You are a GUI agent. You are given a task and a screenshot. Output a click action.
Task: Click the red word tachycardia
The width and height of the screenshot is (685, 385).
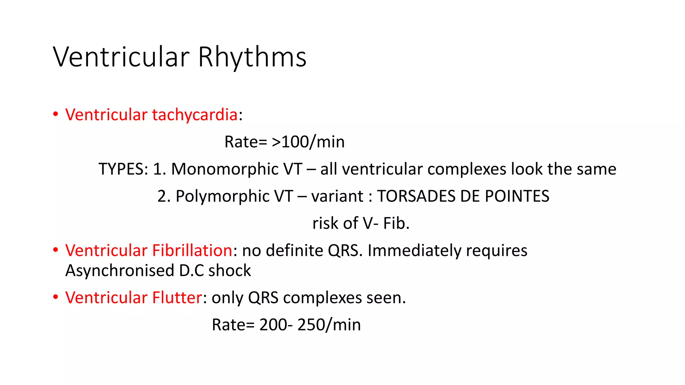pos(195,115)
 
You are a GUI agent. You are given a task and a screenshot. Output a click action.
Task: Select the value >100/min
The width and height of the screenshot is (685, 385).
pos(308,142)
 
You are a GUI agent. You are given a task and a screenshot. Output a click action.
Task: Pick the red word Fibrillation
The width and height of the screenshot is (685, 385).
pos(192,251)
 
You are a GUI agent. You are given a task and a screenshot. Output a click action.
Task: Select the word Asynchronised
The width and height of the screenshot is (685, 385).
pos(120,271)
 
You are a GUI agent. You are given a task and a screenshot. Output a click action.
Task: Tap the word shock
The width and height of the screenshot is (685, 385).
pos(229,271)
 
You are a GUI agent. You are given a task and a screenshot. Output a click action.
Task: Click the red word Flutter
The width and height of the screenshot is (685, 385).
pos(177,298)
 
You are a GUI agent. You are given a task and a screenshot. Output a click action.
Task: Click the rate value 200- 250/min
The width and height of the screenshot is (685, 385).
pos(310,325)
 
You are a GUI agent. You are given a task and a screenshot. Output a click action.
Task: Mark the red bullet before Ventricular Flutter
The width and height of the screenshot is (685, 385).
pos(56,297)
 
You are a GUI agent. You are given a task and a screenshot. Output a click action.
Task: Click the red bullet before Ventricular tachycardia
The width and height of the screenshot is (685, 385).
pos(56,114)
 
